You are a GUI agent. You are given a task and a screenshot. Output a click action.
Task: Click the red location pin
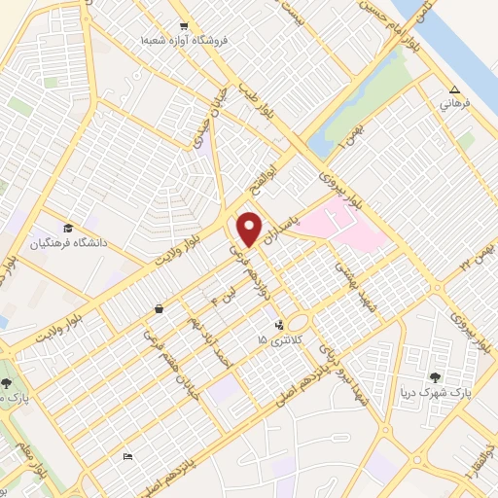(249, 230)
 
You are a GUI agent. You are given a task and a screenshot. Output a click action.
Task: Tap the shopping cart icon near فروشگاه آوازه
(184, 26)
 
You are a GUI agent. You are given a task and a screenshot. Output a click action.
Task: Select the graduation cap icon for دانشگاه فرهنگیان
(68, 228)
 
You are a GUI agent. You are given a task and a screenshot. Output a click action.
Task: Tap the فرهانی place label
(454, 102)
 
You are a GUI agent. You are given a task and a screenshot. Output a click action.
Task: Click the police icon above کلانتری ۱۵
(280, 326)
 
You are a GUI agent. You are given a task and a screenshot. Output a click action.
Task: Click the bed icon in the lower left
(127, 456)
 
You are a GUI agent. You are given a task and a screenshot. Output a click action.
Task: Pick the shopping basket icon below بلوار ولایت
(158, 309)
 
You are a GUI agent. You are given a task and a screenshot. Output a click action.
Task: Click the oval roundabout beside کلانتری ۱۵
(298, 322)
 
